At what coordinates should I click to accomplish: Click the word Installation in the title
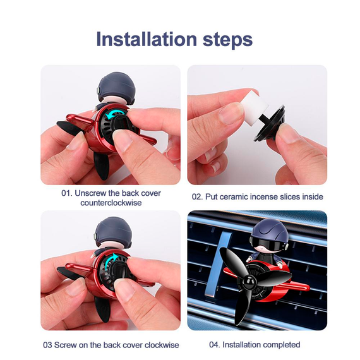[147, 39]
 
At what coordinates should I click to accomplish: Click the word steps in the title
[228, 40]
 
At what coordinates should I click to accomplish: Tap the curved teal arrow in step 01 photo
[116, 114]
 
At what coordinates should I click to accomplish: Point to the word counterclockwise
[111, 203]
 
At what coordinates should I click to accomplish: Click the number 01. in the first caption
[67, 193]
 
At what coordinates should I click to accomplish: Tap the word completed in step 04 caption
[282, 345]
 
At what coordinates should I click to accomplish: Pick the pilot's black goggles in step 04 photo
[268, 243]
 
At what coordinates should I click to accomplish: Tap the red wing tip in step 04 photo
[304, 286]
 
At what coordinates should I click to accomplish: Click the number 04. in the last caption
[215, 345]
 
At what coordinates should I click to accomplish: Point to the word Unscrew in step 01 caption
[90, 193]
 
